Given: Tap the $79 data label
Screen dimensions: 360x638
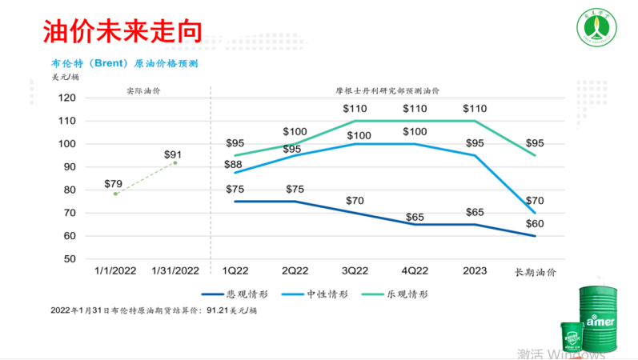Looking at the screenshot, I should point(114,184).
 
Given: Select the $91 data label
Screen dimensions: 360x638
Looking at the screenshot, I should point(172,155).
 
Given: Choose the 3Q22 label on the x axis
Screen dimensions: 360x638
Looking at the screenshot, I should point(354,272).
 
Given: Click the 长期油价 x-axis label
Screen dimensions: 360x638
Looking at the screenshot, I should point(535,273).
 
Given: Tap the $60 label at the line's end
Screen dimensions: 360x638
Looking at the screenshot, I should point(535,223).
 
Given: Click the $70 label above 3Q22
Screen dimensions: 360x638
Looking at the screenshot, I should point(354,200).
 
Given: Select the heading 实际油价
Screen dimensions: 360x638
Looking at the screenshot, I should point(143,91).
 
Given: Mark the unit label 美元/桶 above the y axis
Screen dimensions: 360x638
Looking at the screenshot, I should point(65,77).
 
